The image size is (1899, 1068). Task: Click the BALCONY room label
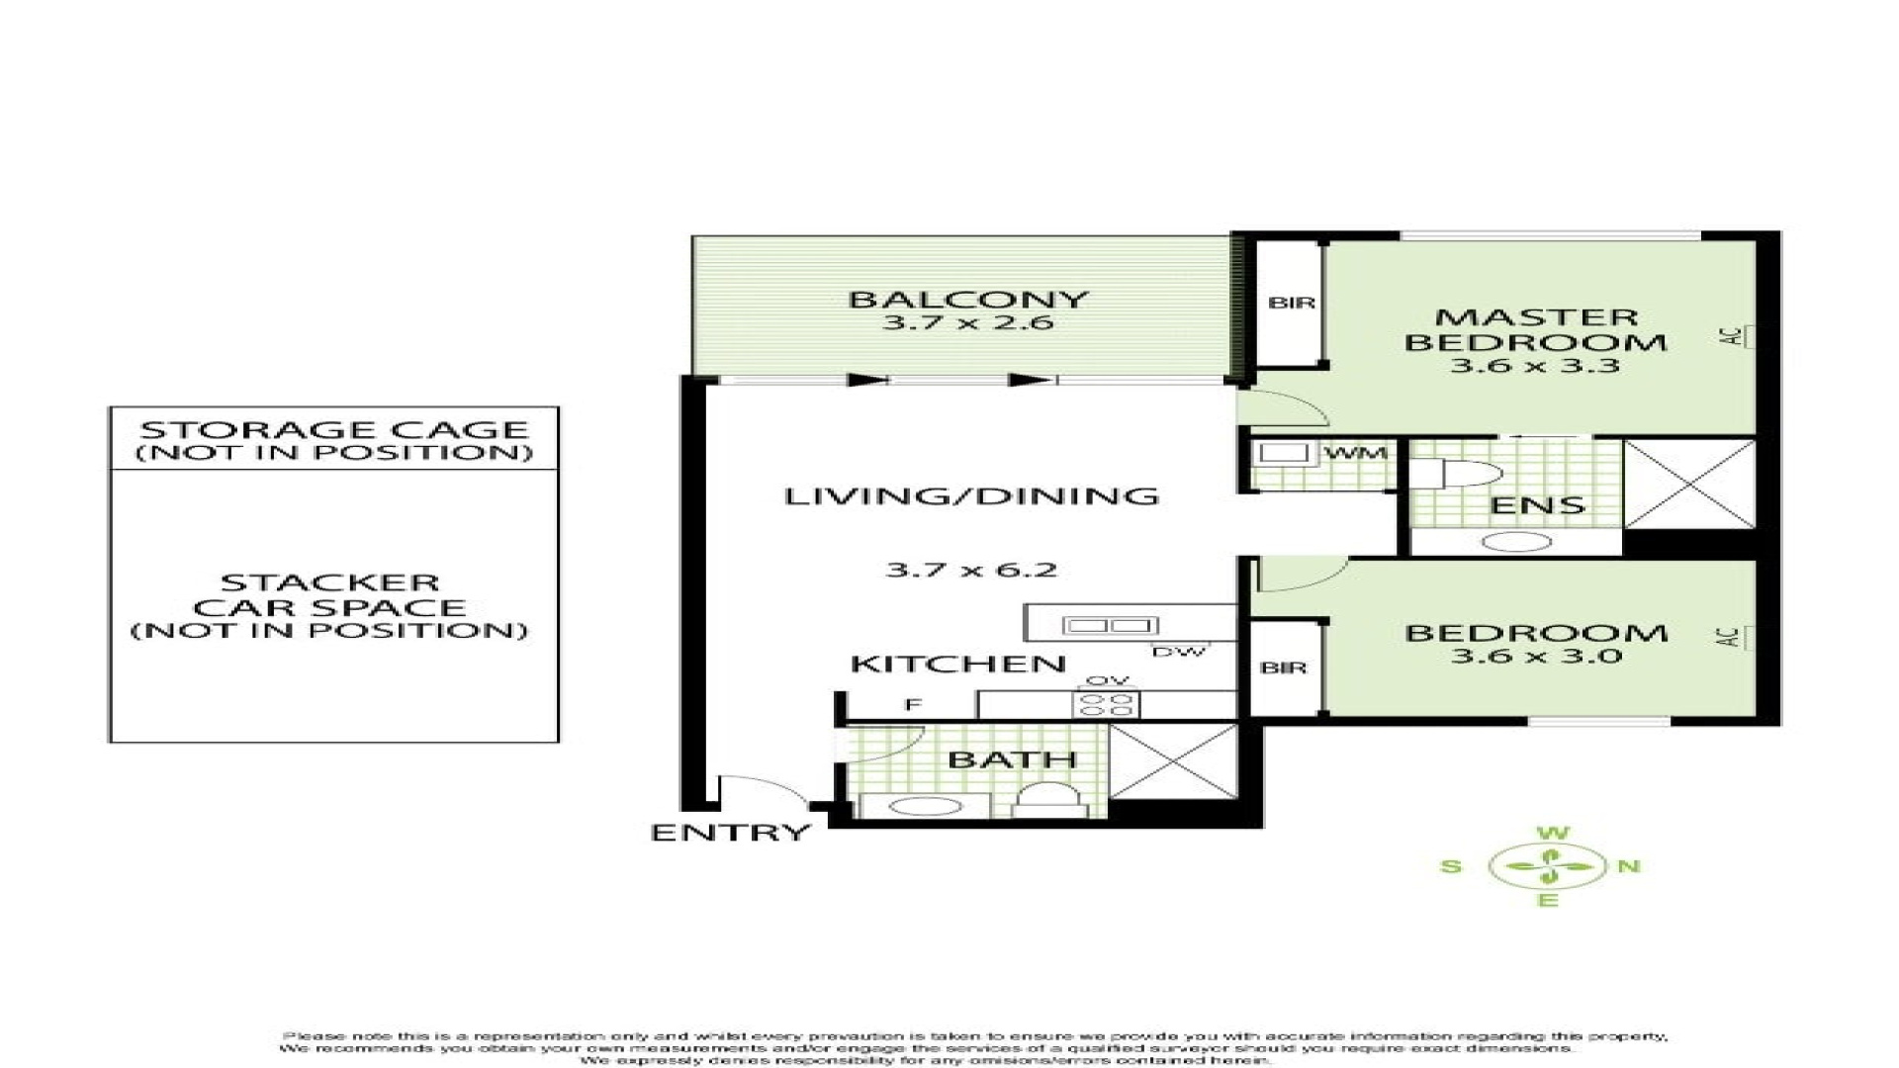pos(967,299)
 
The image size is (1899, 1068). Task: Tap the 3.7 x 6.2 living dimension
pos(970,570)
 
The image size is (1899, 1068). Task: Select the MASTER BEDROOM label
pos(1535,330)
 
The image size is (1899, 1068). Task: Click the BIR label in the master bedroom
pos(1291,303)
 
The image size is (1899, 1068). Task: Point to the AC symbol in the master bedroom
pos(1733,336)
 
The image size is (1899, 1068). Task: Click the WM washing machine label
pos(1355,454)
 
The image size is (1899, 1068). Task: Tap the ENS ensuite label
pos(1537,505)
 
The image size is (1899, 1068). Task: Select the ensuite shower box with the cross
pos(1688,485)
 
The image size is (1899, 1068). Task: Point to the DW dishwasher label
pos(1178,652)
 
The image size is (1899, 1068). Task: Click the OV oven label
pos(1107,681)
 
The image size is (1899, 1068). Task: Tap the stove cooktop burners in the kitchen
pos(1107,705)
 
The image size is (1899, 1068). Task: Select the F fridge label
pos(913,704)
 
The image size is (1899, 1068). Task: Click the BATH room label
pos(1011,759)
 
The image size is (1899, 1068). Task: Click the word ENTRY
pos(730,833)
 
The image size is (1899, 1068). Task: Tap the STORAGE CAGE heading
pos(333,430)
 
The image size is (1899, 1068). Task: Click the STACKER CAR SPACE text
pos(329,595)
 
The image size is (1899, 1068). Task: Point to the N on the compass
pos(1628,867)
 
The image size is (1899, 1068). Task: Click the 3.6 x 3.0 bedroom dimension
pos(1535,656)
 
